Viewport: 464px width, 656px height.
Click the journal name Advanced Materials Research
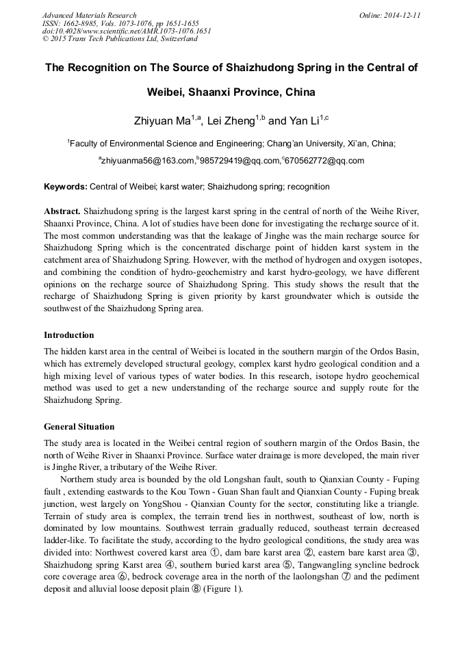tap(89, 15)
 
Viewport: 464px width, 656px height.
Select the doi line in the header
tap(127, 31)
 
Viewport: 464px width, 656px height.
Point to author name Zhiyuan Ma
tap(162, 121)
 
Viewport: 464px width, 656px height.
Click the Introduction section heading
tap(69, 335)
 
